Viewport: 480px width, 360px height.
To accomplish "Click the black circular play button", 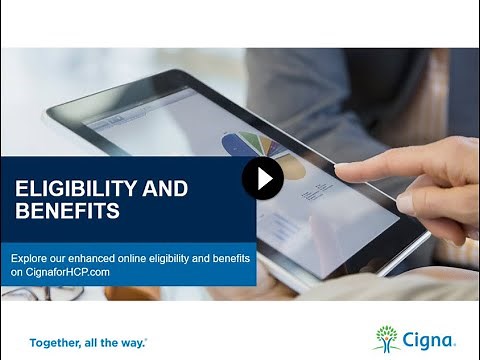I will pyautogui.click(x=263, y=178).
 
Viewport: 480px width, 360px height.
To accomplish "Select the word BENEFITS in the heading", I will pyautogui.click(x=67, y=211).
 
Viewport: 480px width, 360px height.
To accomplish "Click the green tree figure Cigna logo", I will pyautogui.click(x=386, y=338).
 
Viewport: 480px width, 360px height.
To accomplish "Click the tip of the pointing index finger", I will pyautogui.click(x=340, y=171).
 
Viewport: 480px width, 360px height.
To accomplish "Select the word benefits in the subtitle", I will pyautogui.click(x=229, y=257).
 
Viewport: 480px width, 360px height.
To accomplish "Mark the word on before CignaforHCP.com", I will pyautogui.click(x=16, y=271).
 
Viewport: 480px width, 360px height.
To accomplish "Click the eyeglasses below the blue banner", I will pyautogui.click(x=25, y=294).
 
